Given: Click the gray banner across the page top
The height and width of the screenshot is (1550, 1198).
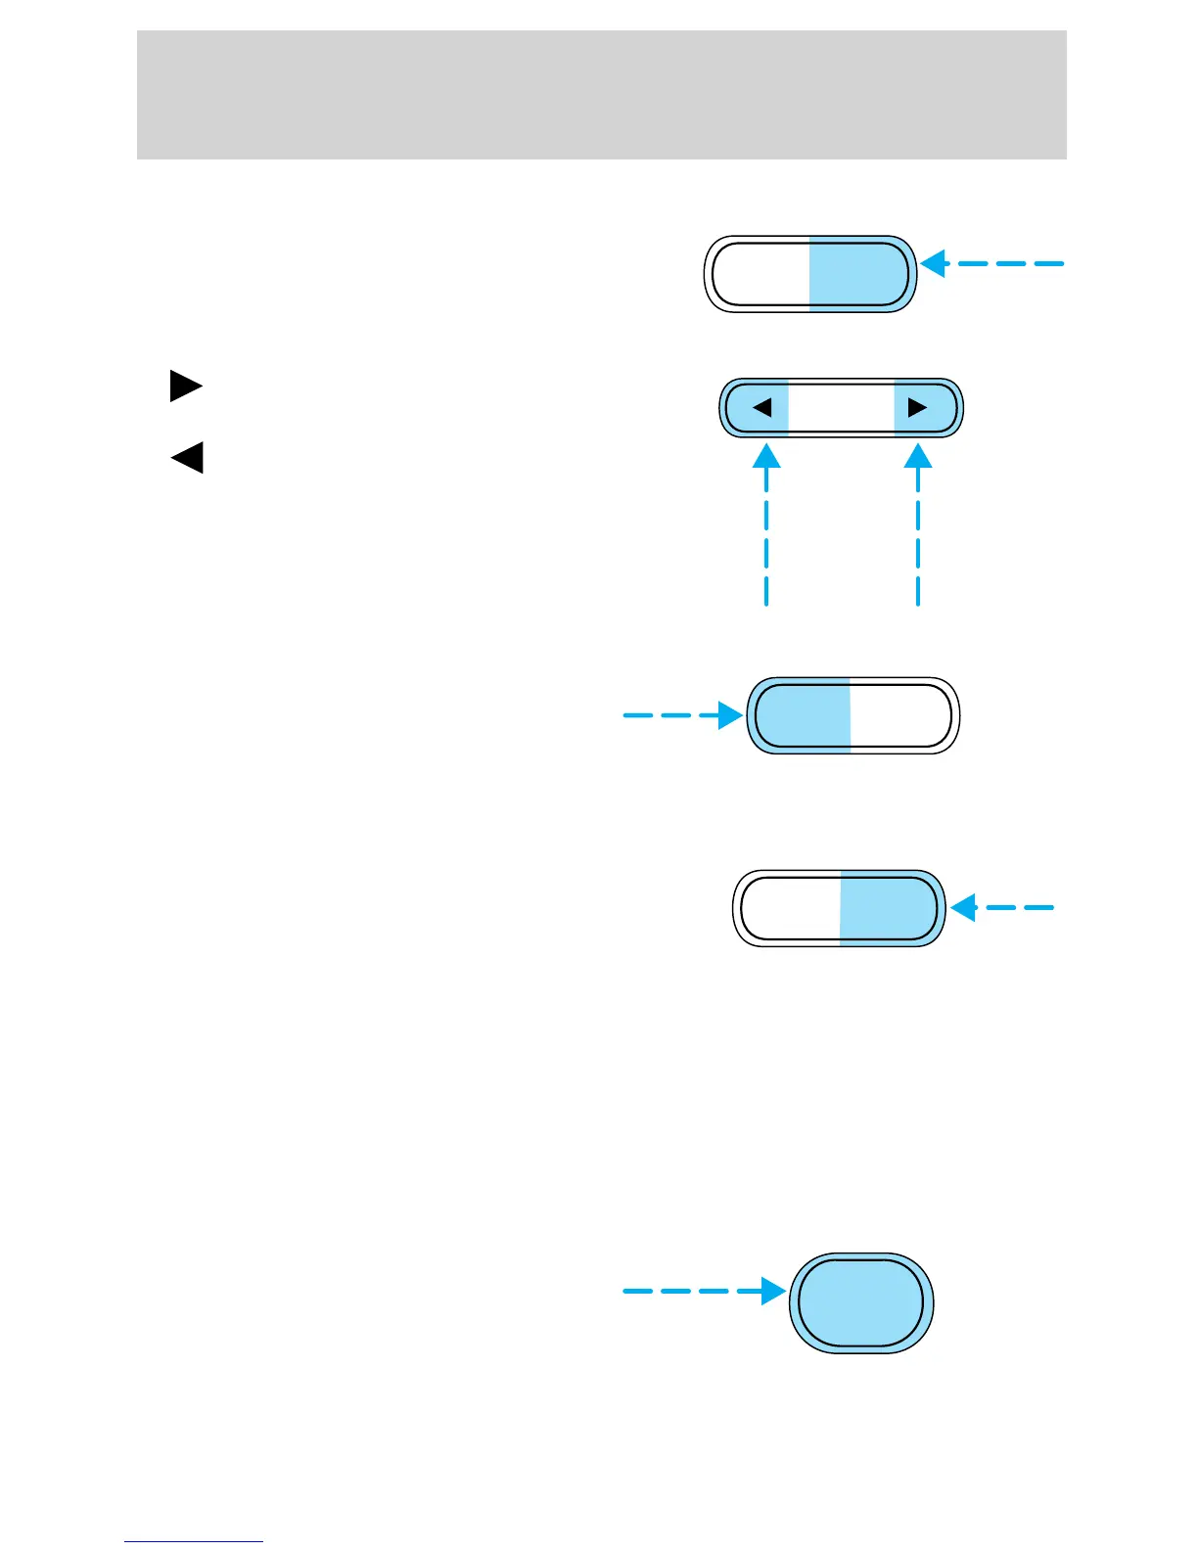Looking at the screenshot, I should (601, 94).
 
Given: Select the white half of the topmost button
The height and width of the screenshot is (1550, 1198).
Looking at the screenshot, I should (760, 274).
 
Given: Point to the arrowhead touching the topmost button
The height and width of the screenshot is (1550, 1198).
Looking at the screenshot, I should (934, 263).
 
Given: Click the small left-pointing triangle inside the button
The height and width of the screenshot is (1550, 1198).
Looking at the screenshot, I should (762, 407).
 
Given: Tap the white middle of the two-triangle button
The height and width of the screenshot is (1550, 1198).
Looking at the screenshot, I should (841, 407).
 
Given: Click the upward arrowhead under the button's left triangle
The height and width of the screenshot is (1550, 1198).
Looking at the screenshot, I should (766, 456).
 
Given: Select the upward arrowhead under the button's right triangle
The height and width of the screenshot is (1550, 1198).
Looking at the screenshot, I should (918, 456).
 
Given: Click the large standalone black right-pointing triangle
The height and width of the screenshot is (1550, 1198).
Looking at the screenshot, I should (185, 387).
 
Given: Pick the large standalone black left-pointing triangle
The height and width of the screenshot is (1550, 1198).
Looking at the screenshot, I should (187, 457).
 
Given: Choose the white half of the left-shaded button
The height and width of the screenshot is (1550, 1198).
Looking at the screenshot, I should (900, 715).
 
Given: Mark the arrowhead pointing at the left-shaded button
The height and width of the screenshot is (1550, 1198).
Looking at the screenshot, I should (730, 715).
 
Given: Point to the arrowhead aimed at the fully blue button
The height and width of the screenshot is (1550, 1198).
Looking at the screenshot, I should (774, 1292).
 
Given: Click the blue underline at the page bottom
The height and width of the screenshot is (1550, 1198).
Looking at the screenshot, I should (194, 1541).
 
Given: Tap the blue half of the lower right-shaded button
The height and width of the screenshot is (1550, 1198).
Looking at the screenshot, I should (889, 907).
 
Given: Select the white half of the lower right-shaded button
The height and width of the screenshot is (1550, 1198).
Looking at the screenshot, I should (789, 907).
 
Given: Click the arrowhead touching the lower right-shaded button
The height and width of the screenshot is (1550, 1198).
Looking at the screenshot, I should (964, 907).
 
